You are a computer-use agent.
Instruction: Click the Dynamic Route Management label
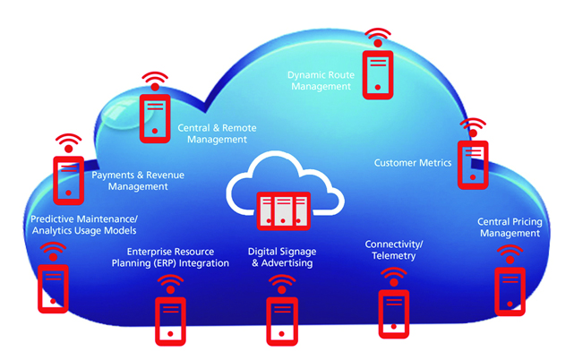pyautogui.click(x=320, y=81)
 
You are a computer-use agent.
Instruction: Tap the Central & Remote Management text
pyautogui.click(x=211, y=133)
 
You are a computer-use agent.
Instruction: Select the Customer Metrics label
pyautogui.click(x=412, y=162)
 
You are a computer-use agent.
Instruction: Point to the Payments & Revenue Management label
pyautogui.click(x=138, y=181)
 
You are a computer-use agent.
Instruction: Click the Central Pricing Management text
pyautogui.click(x=509, y=227)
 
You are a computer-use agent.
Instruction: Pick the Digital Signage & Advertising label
pyautogui.click(x=282, y=257)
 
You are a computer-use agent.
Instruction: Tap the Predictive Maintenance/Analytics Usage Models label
pyautogui.click(x=83, y=224)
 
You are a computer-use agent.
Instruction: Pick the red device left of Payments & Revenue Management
pyautogui.click(x=68, y=178)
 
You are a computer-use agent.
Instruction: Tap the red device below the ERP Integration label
pyautogui.click(x=170, y=321)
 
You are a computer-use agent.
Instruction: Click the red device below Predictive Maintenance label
pyautogui.click(x=53, y=287)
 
